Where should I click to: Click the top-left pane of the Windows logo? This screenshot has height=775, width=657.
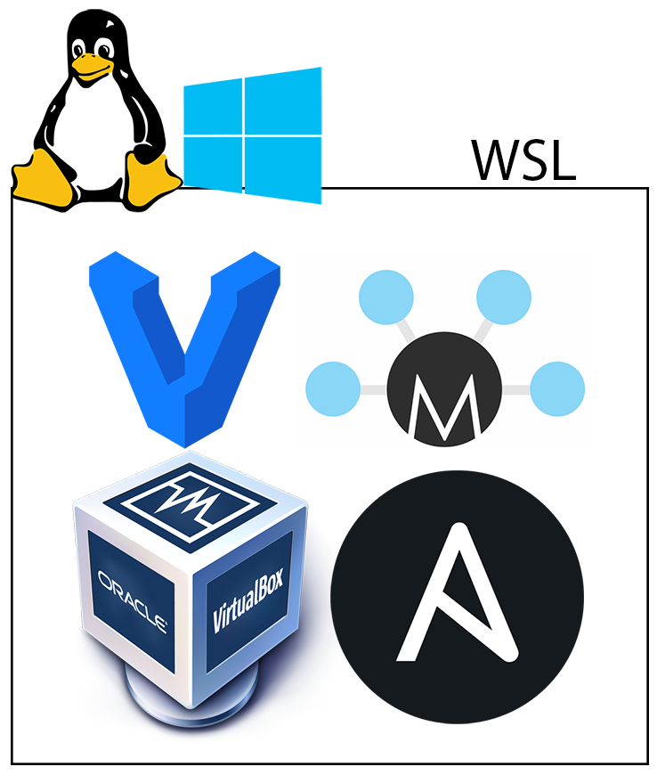(x=212, y=106)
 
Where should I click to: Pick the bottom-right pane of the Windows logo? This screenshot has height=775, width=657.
(x=284, y=170)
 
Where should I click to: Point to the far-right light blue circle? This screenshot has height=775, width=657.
(x=557, y=389)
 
